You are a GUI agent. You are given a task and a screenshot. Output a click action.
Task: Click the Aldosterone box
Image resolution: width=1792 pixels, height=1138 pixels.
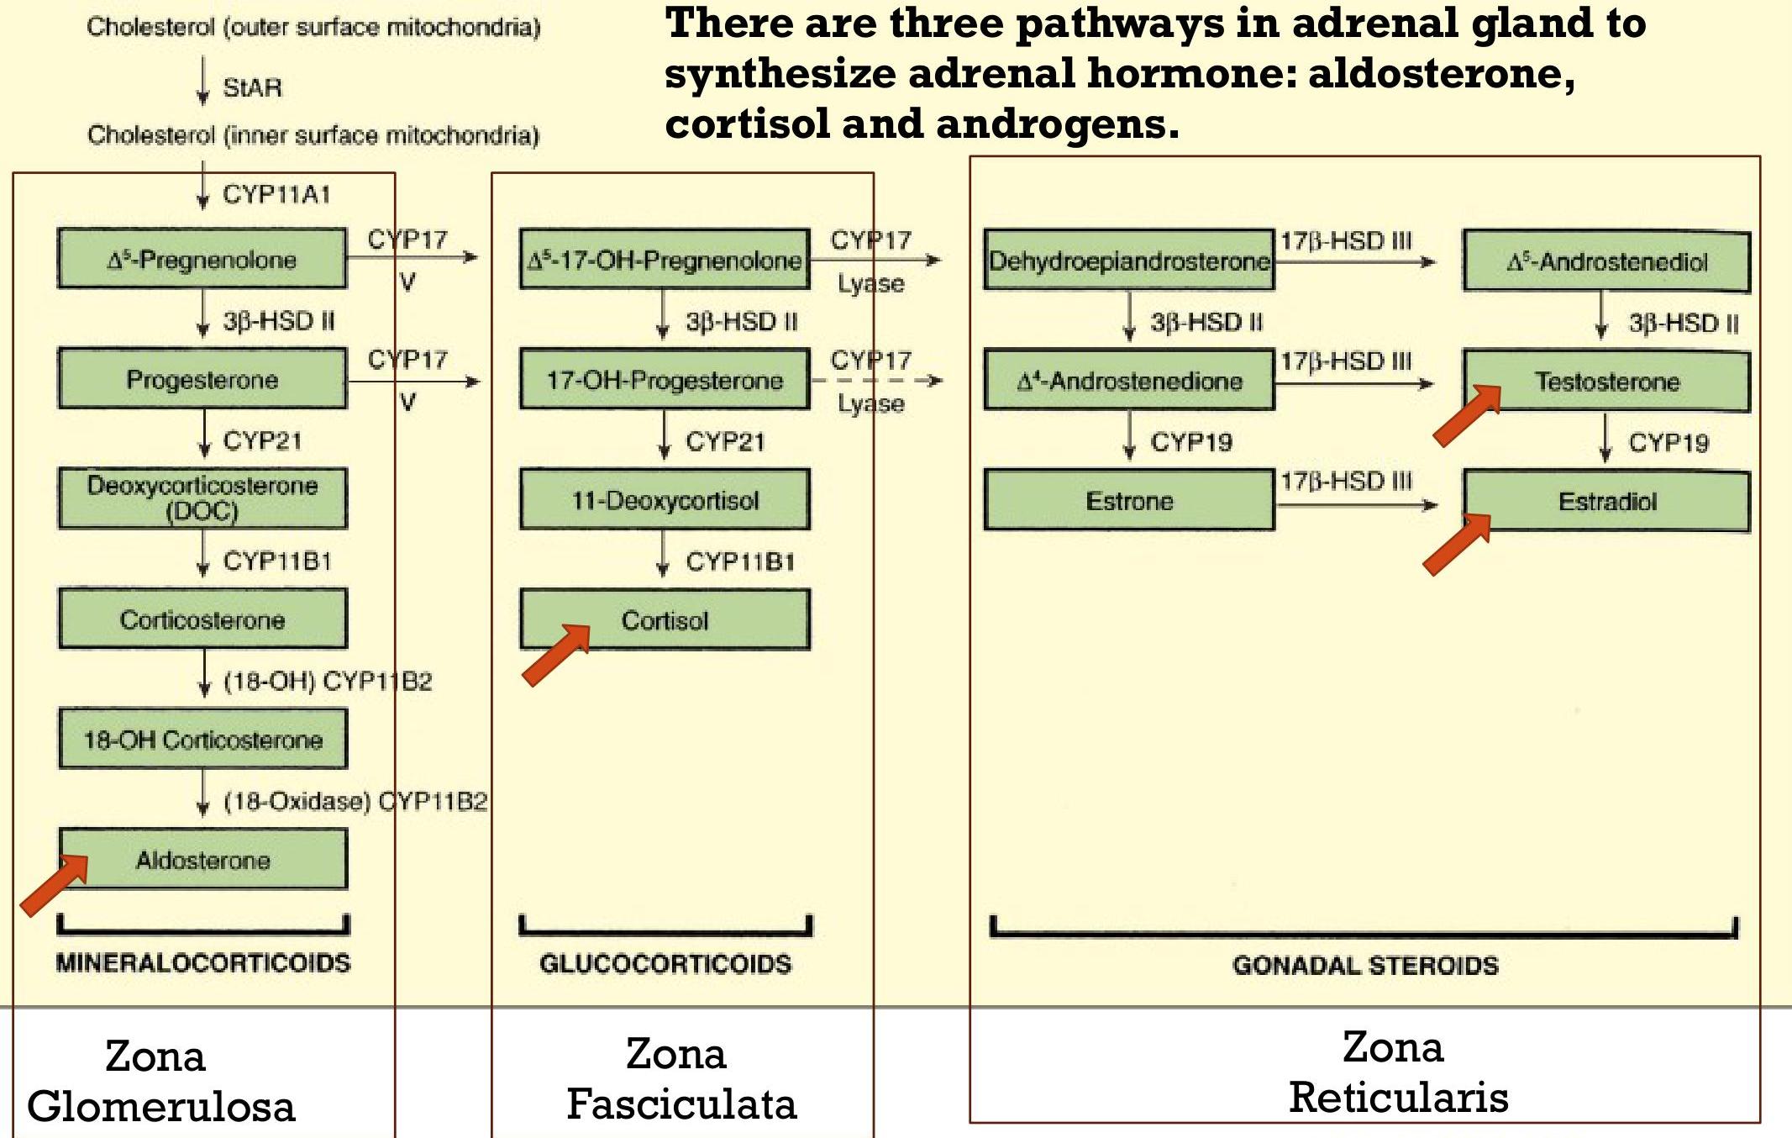202,859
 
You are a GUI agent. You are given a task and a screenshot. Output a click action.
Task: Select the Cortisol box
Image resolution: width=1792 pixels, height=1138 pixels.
665,620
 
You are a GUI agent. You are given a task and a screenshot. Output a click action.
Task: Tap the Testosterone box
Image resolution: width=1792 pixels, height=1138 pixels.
1606,382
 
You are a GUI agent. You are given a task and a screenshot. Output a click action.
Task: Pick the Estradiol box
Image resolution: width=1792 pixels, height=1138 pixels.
1606,502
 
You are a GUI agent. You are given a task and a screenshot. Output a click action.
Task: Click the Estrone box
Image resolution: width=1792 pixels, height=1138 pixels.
1128,501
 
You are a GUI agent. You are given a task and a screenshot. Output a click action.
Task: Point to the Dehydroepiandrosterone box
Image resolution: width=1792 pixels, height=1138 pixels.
1128,261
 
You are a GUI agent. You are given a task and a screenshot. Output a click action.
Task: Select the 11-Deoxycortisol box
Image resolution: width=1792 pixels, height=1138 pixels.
665,500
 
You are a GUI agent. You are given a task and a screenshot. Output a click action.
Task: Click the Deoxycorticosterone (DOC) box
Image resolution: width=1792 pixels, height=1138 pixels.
202,498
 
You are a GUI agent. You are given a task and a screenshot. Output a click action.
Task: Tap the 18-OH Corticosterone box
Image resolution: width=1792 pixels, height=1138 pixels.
202,740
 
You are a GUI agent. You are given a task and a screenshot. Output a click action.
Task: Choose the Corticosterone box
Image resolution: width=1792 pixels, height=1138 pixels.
202,619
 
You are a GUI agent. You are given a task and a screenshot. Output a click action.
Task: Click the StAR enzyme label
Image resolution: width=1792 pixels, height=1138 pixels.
252,87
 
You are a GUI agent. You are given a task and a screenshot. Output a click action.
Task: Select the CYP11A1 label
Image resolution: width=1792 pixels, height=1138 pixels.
276,194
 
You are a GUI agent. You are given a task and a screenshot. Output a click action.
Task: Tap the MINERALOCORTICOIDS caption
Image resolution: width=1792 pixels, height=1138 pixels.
202,962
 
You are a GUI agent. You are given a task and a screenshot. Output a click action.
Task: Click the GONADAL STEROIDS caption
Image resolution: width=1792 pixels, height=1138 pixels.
1365,965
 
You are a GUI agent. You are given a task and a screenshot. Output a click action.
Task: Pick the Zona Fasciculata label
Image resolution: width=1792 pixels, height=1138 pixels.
681,1079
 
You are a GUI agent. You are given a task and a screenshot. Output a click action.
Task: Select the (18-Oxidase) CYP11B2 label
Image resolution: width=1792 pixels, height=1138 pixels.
355,801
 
